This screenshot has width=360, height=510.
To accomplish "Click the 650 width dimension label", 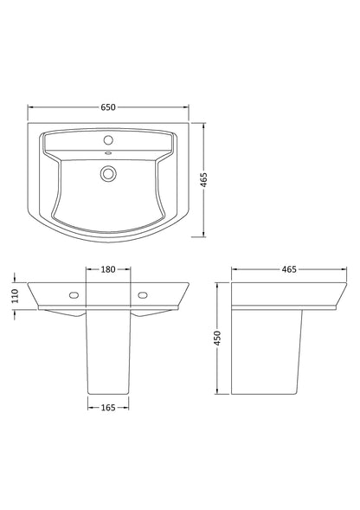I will click(x=108, y=107).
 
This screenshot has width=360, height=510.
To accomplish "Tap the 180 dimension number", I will click(x=109, y=269).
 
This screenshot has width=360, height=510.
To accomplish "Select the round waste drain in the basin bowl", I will click(x=109, y=172).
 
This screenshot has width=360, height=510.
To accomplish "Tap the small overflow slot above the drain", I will click(x=109, y=154).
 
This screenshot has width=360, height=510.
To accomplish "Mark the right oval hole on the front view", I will click(x=143, y=294).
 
